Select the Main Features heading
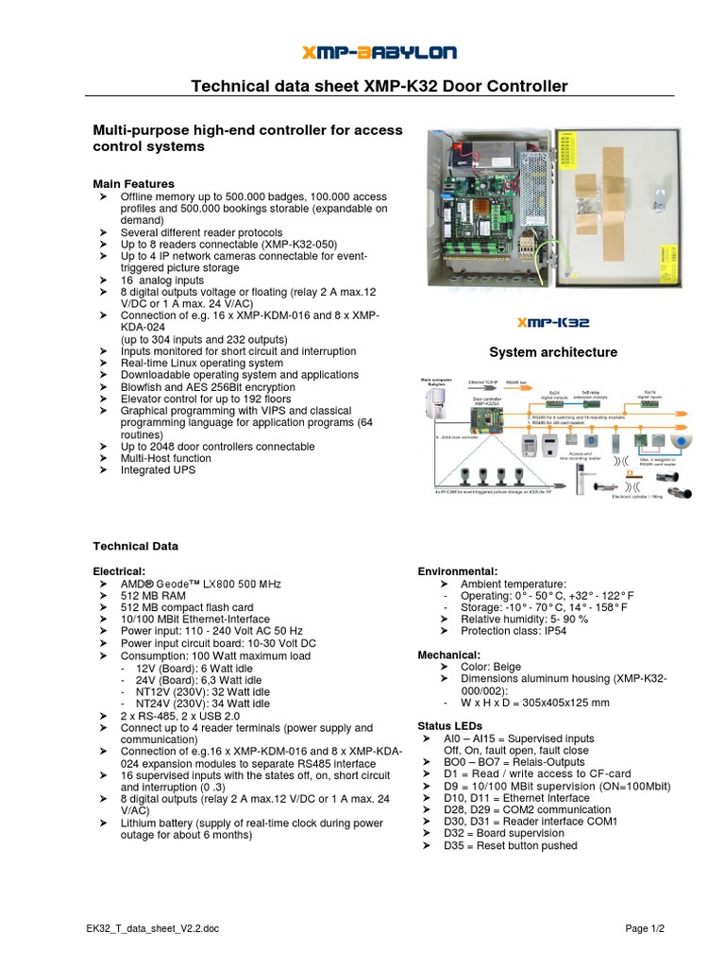[x=133, y=183]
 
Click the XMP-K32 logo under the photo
[x=555, y=322]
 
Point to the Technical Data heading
[x=135, y=546]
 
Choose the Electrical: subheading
[x=119, y=571]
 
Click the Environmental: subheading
[x=457, y=571]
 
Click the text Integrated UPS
[x=158, y=470]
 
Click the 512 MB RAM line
[x=152, y=595]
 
